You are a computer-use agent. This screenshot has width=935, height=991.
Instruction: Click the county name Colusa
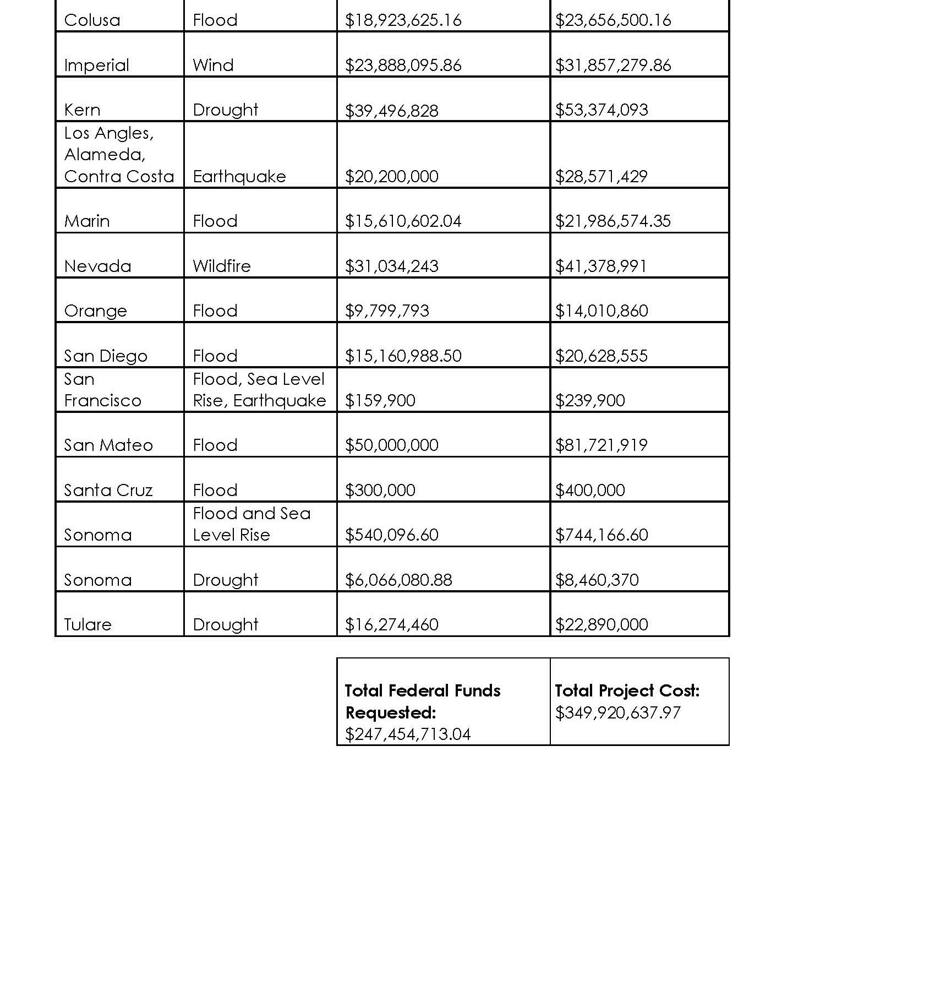click(92, 20)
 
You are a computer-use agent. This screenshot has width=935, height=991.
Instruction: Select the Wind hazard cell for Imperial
click(213, 66)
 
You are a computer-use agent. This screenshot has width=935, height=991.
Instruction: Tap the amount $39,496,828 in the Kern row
click(391, 111)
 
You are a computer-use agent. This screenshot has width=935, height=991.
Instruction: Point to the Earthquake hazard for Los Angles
click(239, 177)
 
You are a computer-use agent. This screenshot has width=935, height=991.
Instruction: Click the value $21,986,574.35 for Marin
click(613, 221)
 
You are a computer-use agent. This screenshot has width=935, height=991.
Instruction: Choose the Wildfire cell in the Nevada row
click(221, 266)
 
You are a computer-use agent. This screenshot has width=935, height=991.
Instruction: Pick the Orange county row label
click(95, 311)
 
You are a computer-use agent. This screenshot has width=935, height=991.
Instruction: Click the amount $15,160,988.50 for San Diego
click(403, 356)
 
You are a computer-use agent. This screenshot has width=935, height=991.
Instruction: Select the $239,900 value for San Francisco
click(589, 400)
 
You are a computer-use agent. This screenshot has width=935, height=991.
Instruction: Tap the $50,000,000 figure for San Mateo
click(391, 445)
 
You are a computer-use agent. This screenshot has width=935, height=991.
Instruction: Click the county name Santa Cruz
click(108, 490)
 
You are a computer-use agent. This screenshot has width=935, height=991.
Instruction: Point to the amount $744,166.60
click(601, 535)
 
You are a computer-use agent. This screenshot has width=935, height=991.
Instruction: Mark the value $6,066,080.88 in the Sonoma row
click(398, 580)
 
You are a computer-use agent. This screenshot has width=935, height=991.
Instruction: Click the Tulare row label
click(88, 625)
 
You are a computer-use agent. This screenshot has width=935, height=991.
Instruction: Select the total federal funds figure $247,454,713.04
click(407, 734)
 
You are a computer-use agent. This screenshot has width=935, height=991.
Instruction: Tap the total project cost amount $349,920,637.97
click(617, 713)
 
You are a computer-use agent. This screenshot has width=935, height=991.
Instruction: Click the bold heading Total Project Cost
click(627, 691)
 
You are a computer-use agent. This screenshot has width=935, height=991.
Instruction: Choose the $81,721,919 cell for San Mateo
click(601, 445)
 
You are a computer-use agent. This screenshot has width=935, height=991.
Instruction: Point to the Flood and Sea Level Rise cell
click(251, 524)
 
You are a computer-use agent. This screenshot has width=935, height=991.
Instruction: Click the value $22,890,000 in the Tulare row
click(601, 625)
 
